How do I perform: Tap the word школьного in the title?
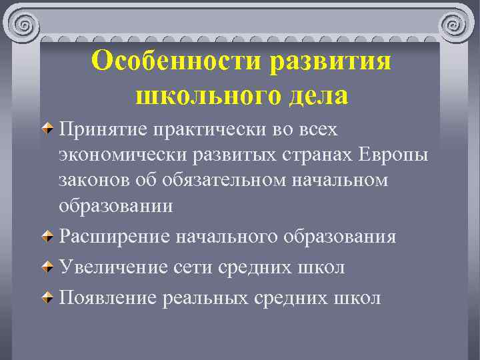coord(199,95)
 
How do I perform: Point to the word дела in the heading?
coord(315,95)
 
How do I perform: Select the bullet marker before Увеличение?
coord(49,268)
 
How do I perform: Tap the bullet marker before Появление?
coord(49,298)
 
